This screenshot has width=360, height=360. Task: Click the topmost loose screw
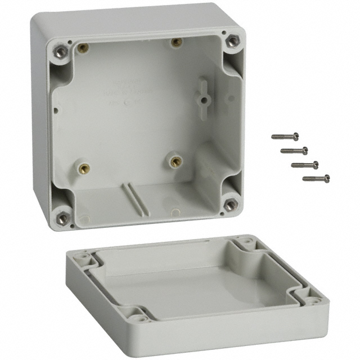pos(285,136)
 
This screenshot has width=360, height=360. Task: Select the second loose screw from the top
pos(294,150)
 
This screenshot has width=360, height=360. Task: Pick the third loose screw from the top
pos(304,165)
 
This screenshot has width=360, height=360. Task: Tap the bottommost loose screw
pos(316,179)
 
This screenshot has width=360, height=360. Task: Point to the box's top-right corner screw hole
pos(232,40)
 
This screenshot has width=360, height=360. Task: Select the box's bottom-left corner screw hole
pos(62,217)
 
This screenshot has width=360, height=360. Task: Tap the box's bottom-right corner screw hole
pos(229,204)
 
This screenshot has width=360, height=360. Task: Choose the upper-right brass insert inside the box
pos(176,42)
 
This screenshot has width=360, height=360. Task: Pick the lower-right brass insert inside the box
pos(175,161)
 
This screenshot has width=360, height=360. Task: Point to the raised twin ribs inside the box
pos(132,197)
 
